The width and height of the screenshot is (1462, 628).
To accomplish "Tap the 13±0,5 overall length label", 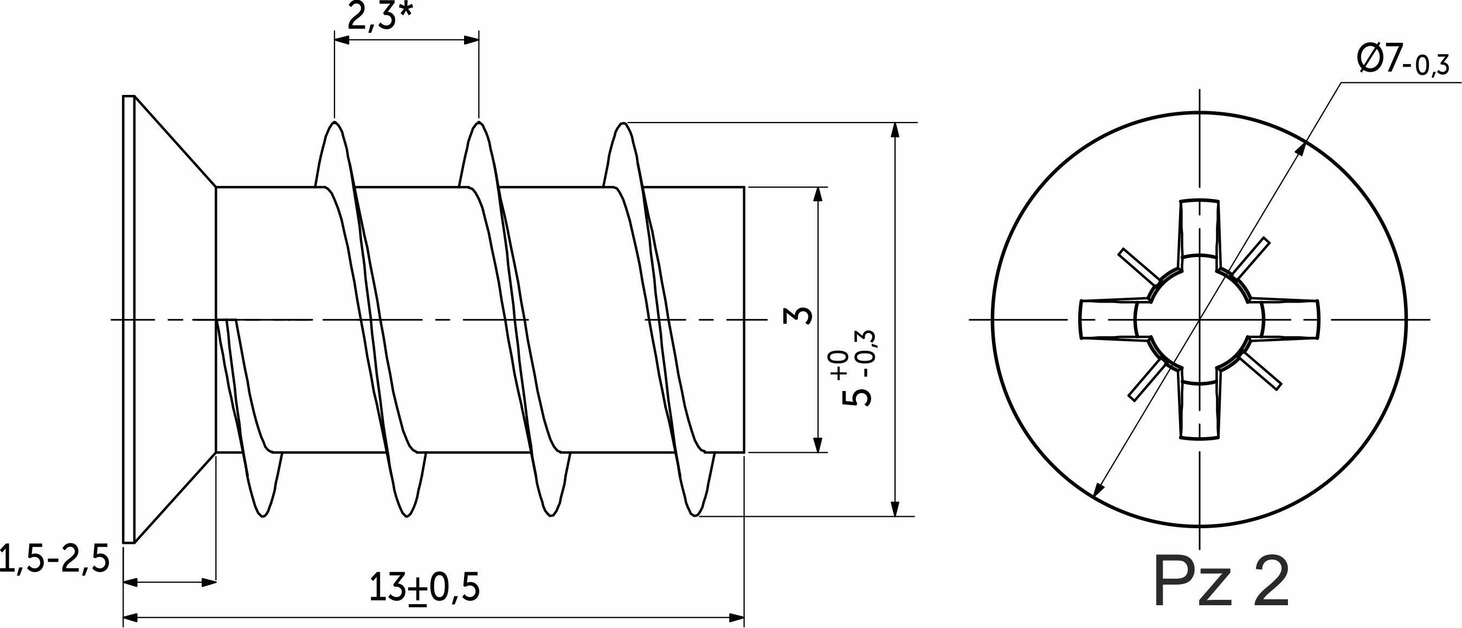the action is (x=424, y=588).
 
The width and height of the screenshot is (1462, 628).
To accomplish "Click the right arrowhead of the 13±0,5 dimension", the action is (x=736, y=618).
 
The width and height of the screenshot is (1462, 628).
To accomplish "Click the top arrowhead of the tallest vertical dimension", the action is (x=895, y=130).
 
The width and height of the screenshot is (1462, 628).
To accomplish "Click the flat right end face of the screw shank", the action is (x=744, y=319).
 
